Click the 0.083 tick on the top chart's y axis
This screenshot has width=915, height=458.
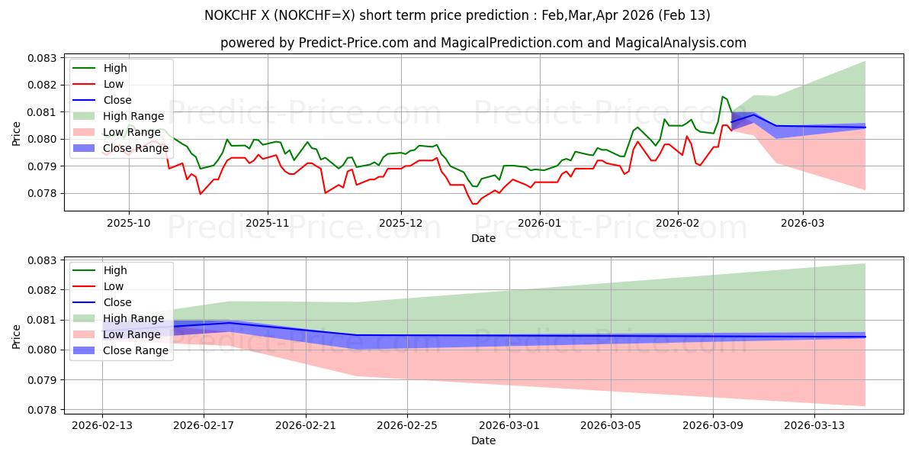(x=43, y=58)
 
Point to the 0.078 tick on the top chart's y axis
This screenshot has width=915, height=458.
(x=43, y=193)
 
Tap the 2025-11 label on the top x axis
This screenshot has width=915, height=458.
(x=267, y=222)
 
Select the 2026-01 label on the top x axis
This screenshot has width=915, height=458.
(x=539, y=222)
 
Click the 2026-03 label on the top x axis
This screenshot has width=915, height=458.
(x=802, y=222)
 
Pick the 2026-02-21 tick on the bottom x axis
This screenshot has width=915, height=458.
(x=306, y=424)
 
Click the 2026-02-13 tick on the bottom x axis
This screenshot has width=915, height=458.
(x=102, y=424)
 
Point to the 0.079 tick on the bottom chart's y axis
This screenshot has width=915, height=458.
(x=43, y=380)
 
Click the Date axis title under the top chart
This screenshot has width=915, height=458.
(x=483, y=238)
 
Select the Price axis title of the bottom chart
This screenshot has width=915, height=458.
(x=16, y=335)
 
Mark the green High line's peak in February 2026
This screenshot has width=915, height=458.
(x=722, y=96)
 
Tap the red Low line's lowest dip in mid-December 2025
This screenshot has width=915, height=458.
(x=474, y=204)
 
